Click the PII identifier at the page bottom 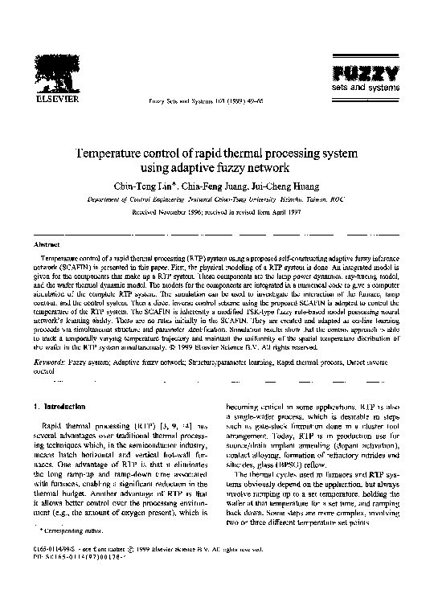pos(77,578)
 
